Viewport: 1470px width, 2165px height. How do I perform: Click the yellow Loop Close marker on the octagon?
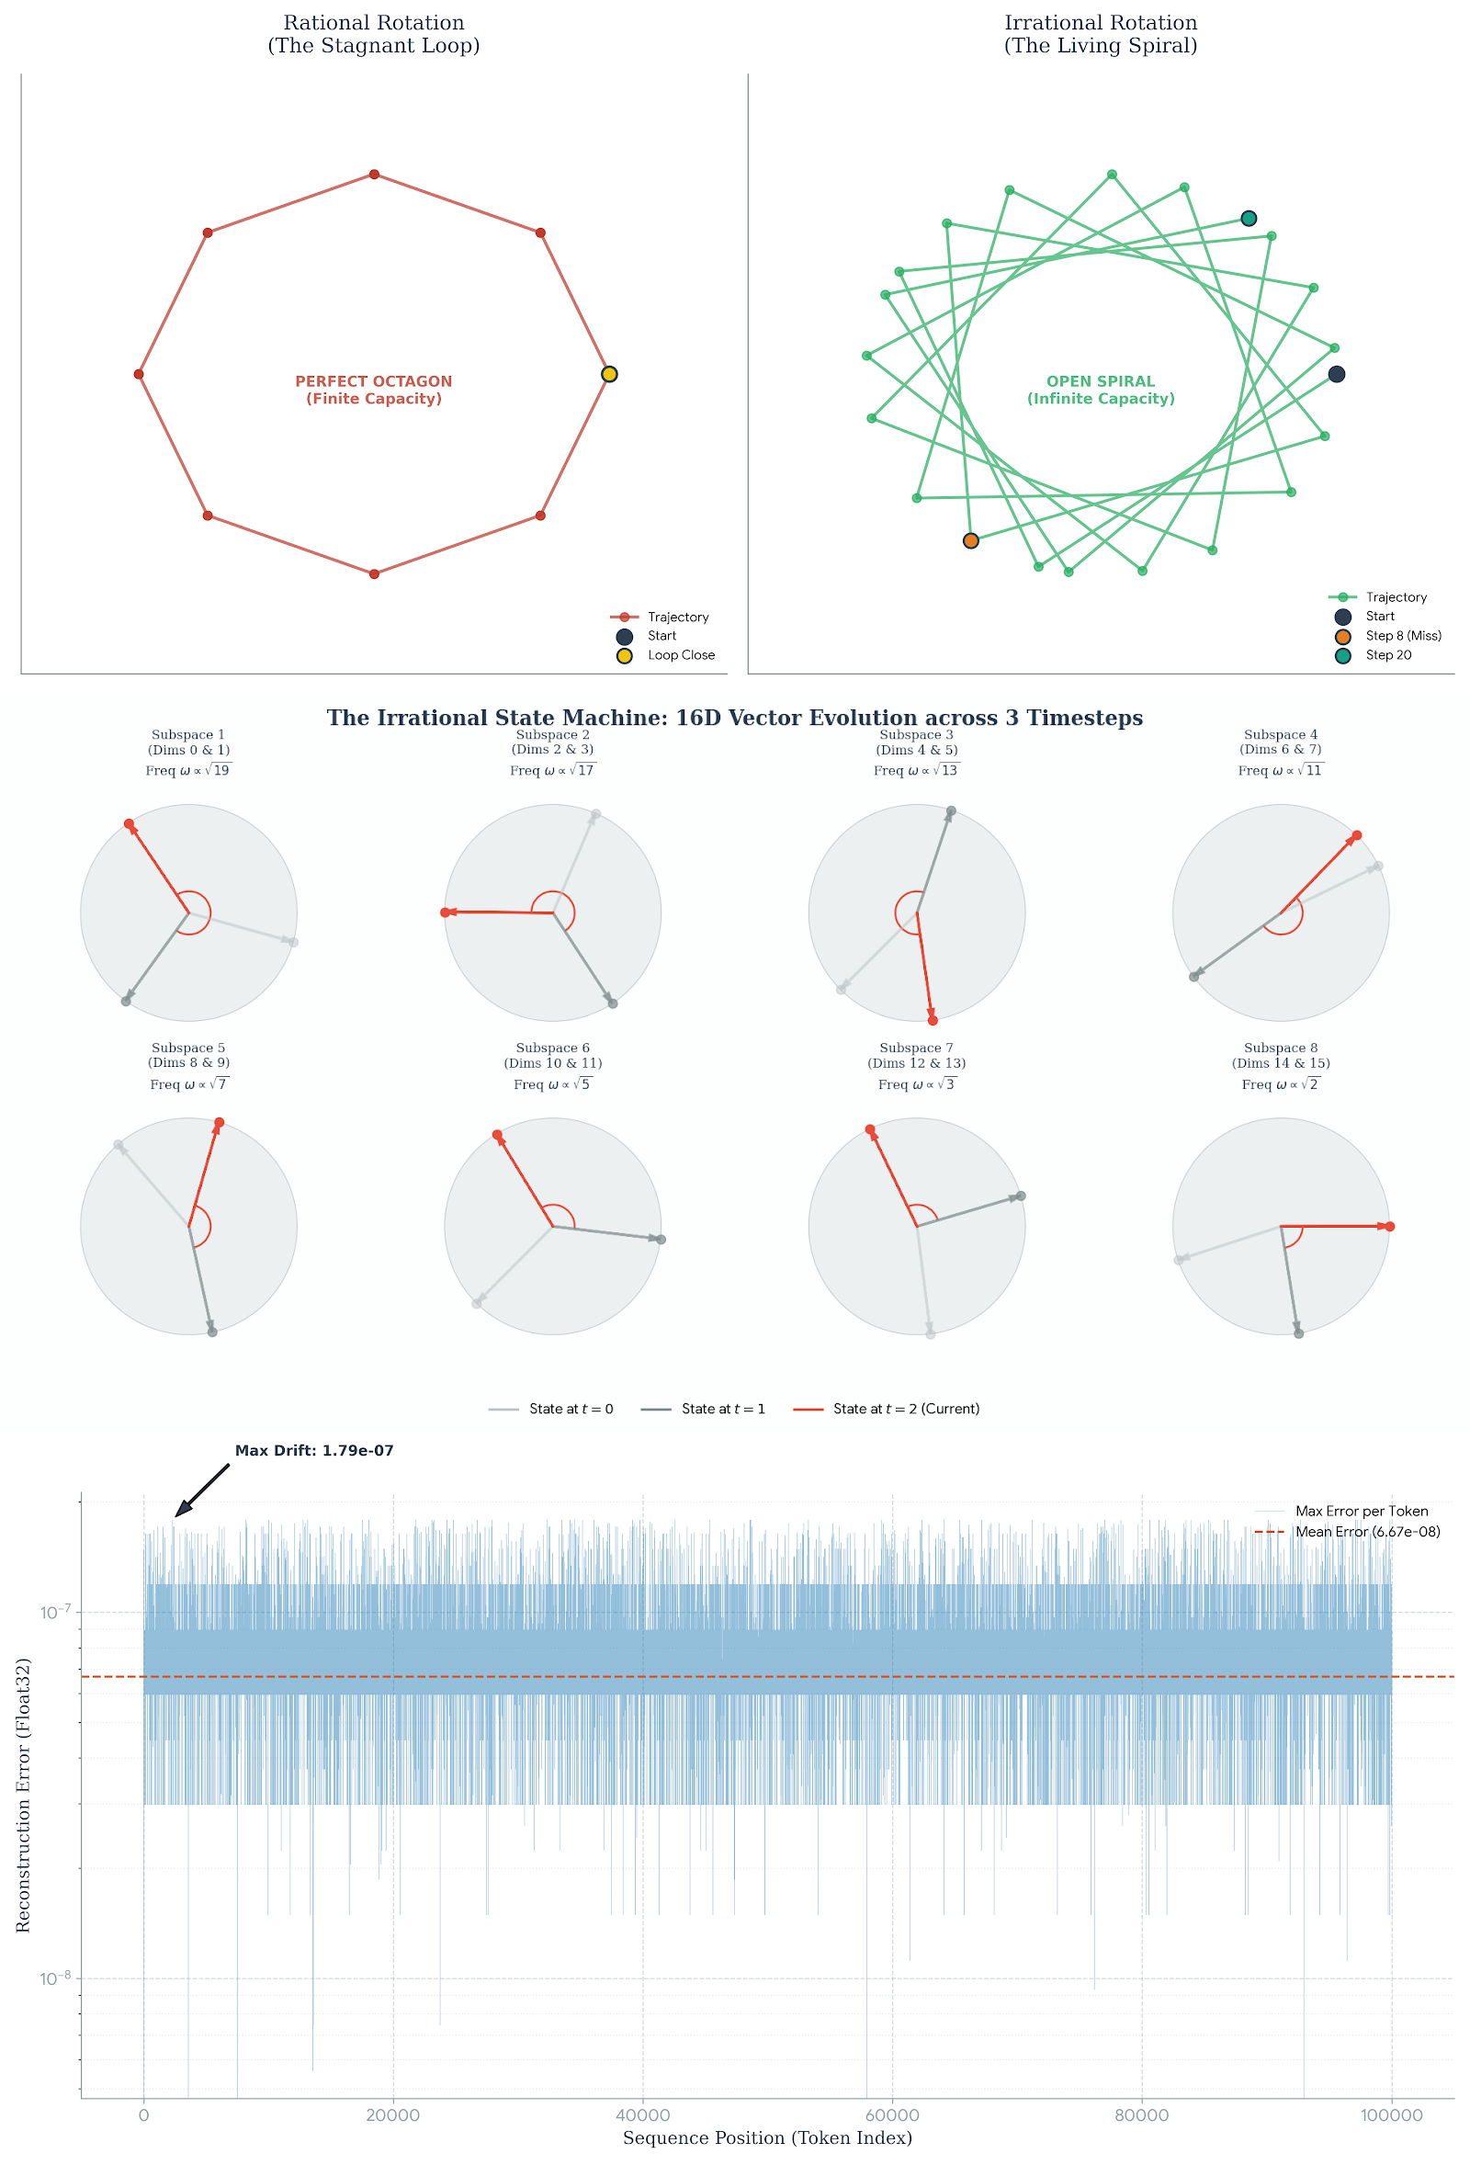point(609,375)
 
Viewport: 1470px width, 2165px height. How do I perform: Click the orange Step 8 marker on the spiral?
point(971,541)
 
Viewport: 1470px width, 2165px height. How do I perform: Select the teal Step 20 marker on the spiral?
point(1249,219)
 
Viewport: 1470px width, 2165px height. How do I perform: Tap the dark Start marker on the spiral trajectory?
point(1336,375)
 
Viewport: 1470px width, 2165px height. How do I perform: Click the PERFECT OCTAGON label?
point(374,390)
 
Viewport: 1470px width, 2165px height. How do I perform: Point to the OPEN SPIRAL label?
point(1100,390)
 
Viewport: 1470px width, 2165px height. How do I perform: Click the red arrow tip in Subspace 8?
point(1389,1227)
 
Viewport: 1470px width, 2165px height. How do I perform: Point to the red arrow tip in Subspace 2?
point(447,912)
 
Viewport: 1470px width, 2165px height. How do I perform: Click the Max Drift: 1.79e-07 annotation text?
point(314,1451)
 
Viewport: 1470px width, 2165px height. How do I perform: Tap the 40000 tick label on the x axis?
point(643,2115)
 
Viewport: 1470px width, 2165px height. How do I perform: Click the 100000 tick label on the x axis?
point(1391,2115)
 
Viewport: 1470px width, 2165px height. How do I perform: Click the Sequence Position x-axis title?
point(766,2139)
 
